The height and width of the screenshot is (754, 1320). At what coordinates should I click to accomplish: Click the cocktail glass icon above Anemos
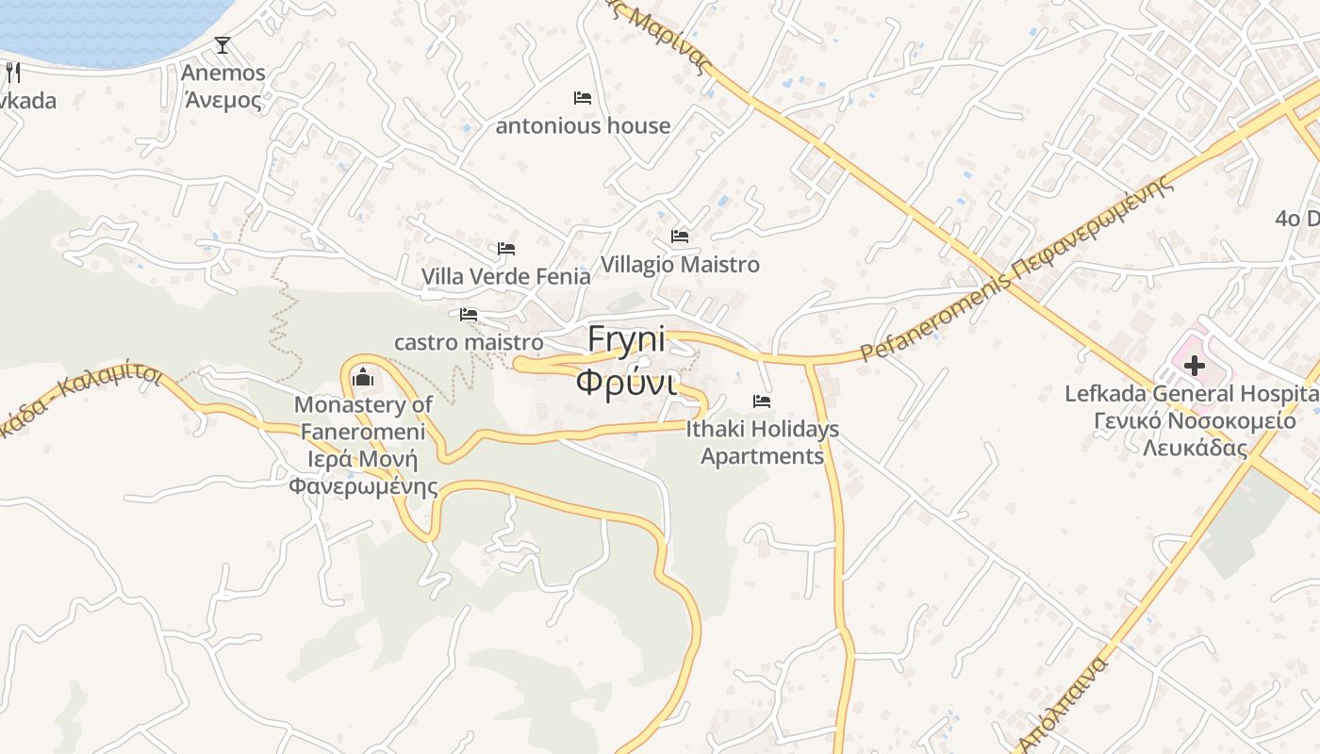click(223, 44)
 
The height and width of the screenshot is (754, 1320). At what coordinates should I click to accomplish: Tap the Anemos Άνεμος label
click(223, 86)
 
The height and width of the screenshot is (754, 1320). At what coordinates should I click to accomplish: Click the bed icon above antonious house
click(583, 98)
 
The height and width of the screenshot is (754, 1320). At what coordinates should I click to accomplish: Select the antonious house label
click(583, 125)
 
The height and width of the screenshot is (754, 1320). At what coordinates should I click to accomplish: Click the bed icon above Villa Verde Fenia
click(506, 249)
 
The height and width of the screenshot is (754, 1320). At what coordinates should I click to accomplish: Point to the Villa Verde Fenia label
click(505, 276)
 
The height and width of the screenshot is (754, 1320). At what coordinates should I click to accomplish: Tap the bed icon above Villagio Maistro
click(680, 237)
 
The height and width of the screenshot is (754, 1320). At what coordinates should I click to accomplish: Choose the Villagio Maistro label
click(680, 265)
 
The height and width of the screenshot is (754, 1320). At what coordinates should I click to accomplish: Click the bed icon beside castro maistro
click(469, 315)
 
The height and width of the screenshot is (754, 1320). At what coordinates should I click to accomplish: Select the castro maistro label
click(469, 342)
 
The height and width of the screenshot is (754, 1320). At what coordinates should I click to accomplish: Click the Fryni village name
click(626, 338)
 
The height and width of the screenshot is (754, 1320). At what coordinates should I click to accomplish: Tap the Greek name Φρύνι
click(626, 383)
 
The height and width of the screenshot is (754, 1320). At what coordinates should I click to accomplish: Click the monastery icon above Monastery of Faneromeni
click(363, 378)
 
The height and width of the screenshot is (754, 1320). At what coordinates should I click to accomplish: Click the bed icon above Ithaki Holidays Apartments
click(762, 402)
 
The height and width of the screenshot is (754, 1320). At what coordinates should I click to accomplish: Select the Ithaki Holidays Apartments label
click(762, 443)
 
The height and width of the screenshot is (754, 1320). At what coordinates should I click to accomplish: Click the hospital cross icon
click(1195, 366)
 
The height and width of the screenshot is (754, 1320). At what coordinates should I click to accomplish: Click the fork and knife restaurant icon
click(13, 73)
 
